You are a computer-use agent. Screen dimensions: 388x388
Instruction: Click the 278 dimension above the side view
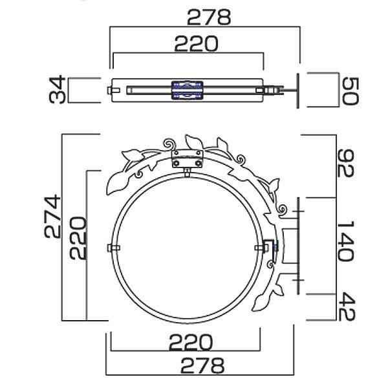point(209,17)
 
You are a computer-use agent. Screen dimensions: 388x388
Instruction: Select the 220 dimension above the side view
point(197,44)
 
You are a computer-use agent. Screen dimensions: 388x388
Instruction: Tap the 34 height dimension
point(58,90)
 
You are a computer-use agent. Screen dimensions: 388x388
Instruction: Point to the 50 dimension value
point(350,91)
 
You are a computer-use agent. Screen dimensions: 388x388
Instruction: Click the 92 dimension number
point(346,163)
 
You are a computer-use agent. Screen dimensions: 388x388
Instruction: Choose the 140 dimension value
point(346,241)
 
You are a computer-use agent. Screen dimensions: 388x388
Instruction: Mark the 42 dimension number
point(347,307)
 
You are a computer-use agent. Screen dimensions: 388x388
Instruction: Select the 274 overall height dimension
point(52,216)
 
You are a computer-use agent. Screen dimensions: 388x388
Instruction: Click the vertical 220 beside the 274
point(78,238)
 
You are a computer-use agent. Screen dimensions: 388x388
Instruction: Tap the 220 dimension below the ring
point(191,342)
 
